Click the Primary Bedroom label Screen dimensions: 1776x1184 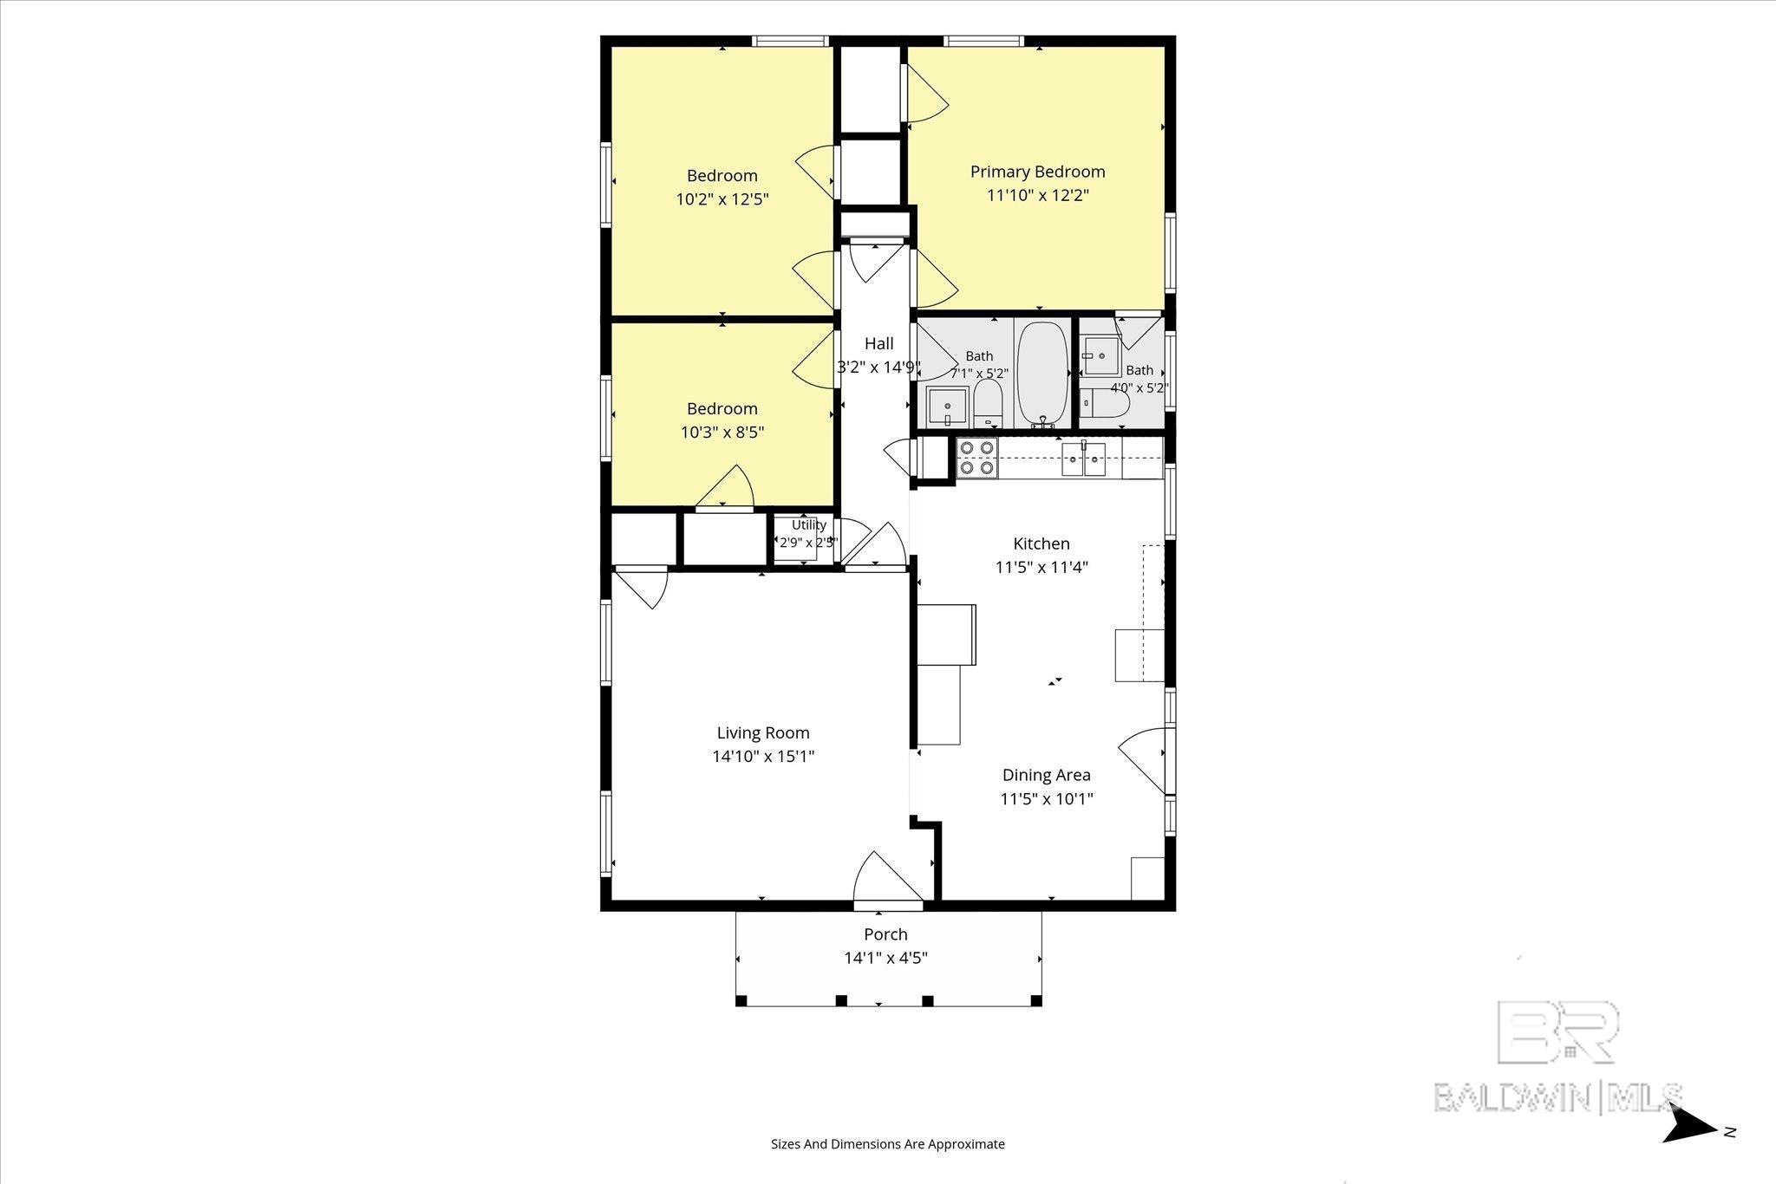pyautogui.click(x=1037, y=172)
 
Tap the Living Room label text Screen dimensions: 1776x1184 pyautogui.click(x=763, y=732)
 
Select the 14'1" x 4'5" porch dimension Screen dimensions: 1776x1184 pyautogui.click(x=885, y=958)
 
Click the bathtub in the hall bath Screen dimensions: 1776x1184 pyautogui.click(x=1042, y=375)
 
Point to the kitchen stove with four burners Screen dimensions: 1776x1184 pyautogui.click(x=976, y=458)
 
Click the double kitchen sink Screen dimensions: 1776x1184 pyautogui.click(x=1084, y=459)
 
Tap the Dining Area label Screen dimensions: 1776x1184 pyautogui.click(x=1047, y=775)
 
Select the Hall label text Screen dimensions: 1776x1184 pyautogui.click(x=878, y=343)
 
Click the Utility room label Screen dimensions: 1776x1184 pyautogui.click(x=808, y=524)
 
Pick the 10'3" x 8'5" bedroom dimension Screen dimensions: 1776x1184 pyautogui.click(x=722, y=432)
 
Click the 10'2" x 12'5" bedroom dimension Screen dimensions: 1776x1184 pyautogui.click(x=722, y=198)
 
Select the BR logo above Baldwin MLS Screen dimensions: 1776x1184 pyautogui.click(x=1557, y=1031)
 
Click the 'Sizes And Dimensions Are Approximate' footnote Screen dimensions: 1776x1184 pyautogui.click(x=888, y=1144)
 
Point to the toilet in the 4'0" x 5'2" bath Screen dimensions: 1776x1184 pyautogui.click(x=1106, y=403)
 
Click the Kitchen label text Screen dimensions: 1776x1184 pyautogui.click(x=1041, y=543)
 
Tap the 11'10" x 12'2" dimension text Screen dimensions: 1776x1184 pyautogui.click(x=1037, y=195)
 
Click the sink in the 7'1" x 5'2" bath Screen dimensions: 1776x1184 pyautogui.click(x=947, y=407)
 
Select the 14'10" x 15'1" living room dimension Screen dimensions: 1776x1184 pyautogui.click(x=763, y=756)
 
